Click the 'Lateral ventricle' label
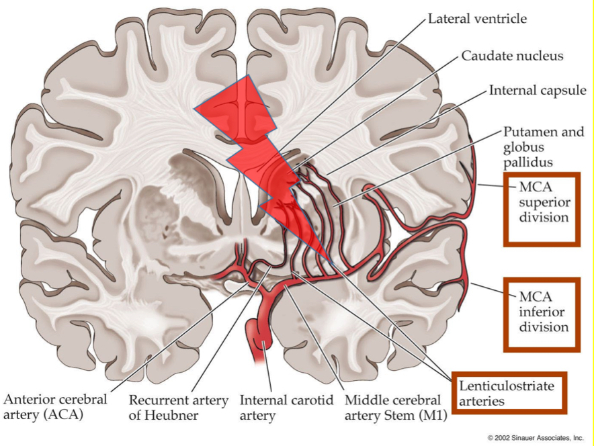pos(477,19)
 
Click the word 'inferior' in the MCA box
pos(542,311)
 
